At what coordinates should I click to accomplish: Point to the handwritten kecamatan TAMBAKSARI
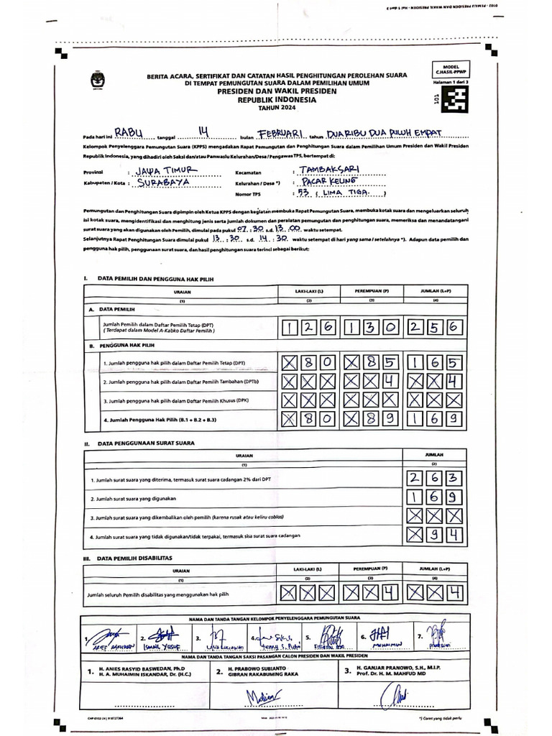pyautogui.click(x=331, y=171)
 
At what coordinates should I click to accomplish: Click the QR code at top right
pyautogui.click(x=453, y=101)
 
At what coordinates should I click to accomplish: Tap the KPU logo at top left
pyautogui.click(x=96, y=80)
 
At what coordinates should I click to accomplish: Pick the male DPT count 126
pyautogui.click(x=308, y=328)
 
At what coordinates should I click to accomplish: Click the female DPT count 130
pyautogui.click(x=371, y=328)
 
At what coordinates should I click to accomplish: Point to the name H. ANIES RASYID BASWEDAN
pyautogui.click(x=134, y=670)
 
